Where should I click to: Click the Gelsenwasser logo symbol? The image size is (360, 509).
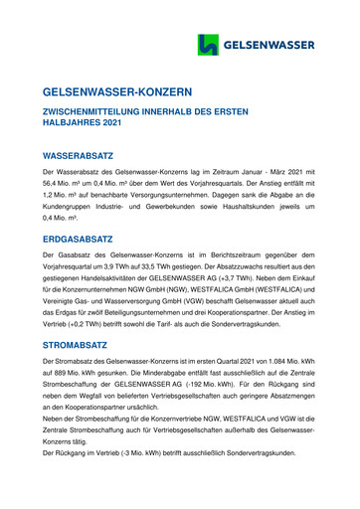click(207, 45)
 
